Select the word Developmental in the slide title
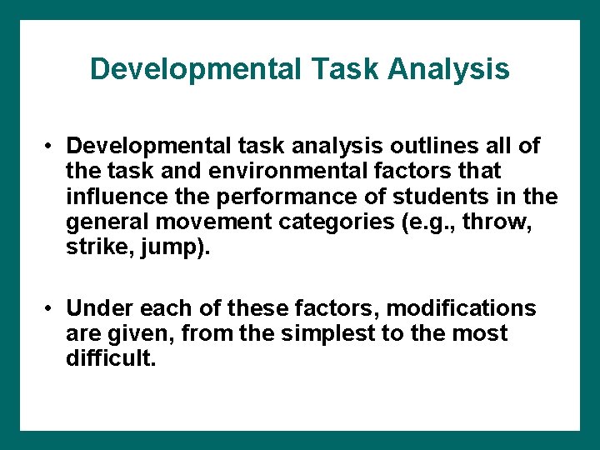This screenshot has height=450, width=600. tap(194, 69)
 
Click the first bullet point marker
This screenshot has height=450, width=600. tap(51, 147)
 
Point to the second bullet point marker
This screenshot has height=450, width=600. tap(51, 309)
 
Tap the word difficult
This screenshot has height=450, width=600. tap(111, 359)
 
